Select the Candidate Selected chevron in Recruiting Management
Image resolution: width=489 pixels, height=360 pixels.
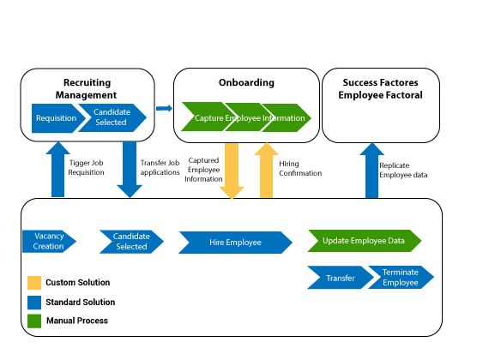(112, 117)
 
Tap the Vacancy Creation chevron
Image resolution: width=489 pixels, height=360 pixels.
(49, 241)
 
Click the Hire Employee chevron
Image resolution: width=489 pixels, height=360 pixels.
(235, 243)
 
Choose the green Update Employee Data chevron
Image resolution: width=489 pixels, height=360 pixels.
(365, 241)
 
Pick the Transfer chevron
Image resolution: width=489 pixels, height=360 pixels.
(341, 278)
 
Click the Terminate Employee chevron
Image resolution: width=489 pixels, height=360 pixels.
(401, 277)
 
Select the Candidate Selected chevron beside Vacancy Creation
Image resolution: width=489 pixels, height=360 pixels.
(131, 242)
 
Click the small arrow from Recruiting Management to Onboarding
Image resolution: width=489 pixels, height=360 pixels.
(165, 108)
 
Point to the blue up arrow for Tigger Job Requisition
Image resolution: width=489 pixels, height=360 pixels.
(58, 170)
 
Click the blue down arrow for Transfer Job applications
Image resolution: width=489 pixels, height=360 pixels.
(130, 170)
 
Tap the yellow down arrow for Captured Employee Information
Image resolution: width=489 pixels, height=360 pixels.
(232, 171)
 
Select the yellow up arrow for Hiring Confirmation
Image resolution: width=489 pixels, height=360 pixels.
(266, 171)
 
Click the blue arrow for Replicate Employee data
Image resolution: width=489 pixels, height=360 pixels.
(371, 171)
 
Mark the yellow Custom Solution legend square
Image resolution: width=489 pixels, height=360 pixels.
(34, 283)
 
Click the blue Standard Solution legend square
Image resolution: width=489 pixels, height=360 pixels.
(34, 303)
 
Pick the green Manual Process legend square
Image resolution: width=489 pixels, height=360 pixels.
(34, 321)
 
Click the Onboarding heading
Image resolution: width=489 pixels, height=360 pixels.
(246, 82)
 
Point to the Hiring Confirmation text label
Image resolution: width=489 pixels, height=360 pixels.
(300, 168)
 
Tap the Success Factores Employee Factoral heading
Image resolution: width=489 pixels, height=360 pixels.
(380, 89)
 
